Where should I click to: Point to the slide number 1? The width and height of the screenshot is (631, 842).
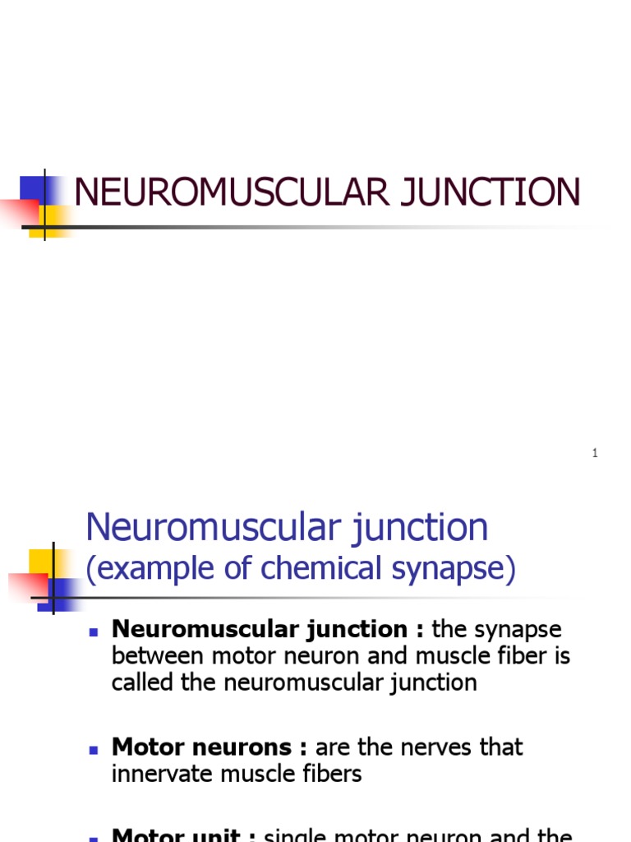point(595,454)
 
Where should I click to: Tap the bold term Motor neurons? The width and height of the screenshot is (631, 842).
point(202,747)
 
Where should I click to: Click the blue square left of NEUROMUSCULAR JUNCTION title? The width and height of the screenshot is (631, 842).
point(33,189)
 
